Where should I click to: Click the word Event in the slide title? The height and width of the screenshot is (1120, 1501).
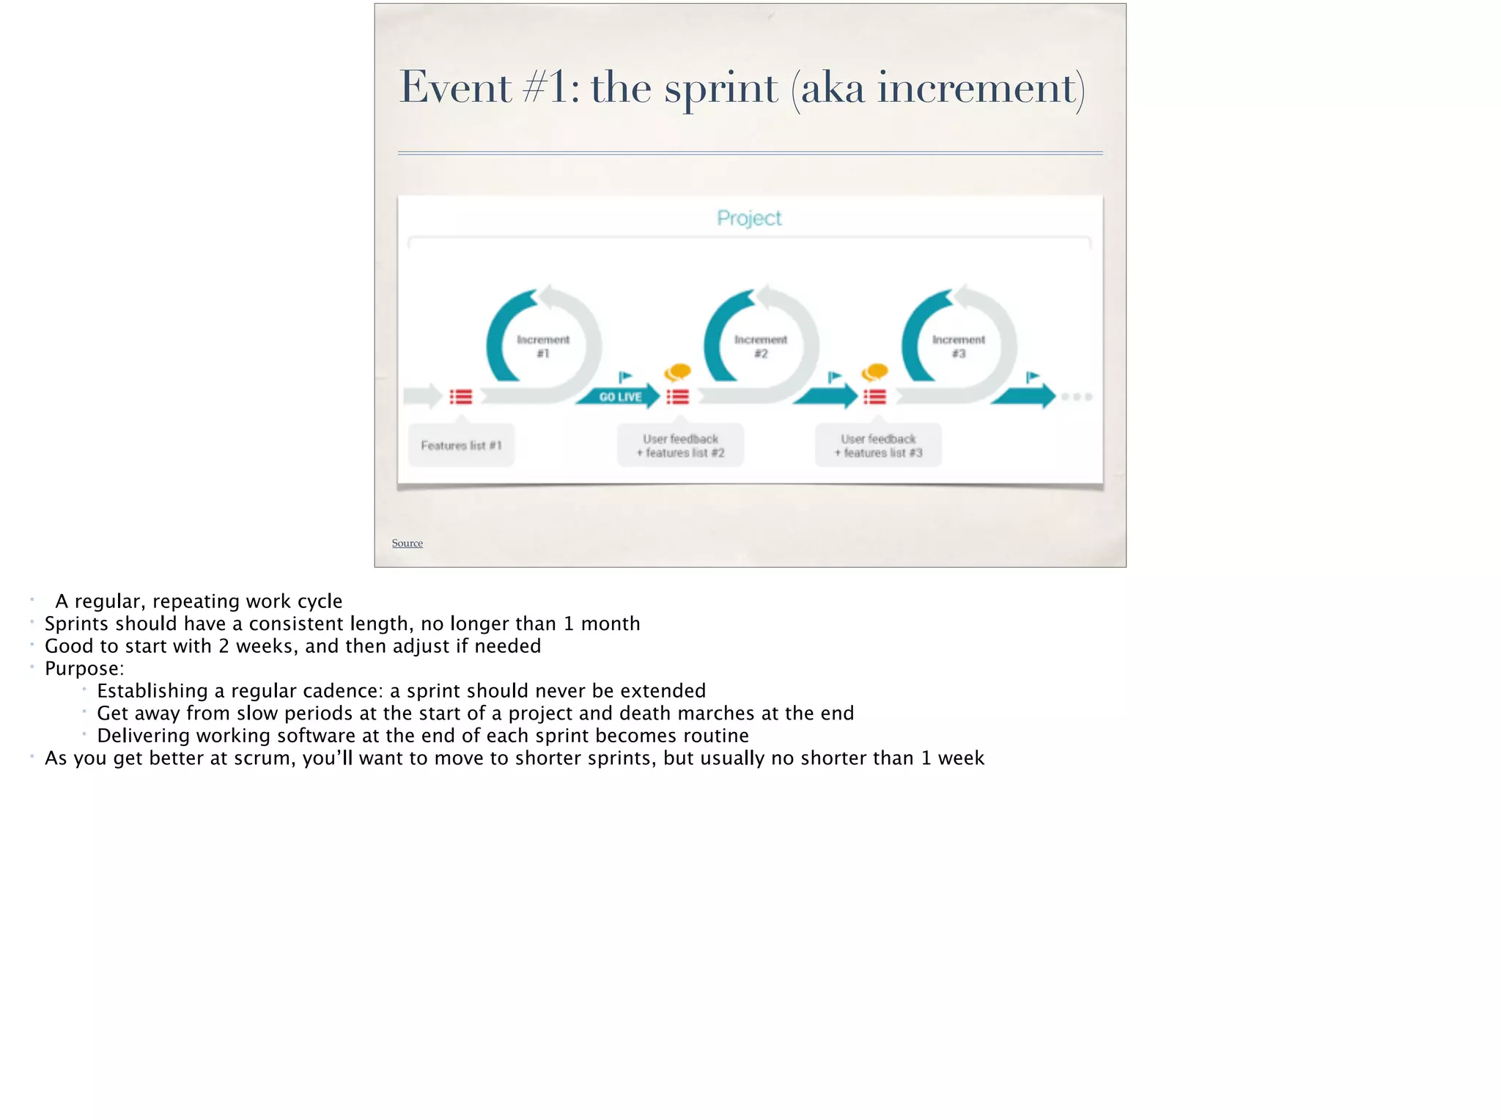(454, 88)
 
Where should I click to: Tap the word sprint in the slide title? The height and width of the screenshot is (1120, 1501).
(720, 89)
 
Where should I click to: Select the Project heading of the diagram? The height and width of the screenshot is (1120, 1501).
(749, 218)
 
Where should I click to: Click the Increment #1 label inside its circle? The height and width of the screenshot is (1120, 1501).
(543, 346)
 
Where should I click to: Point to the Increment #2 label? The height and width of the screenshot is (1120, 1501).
(761, 346)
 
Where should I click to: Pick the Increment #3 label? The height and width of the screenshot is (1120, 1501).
(959, 346)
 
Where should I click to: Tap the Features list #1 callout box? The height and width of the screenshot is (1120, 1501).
(461, 445)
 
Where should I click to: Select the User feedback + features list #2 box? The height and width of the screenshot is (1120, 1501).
(680, 445)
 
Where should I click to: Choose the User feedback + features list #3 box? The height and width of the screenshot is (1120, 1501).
(878, 445)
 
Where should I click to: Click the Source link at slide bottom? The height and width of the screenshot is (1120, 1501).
(407, 543)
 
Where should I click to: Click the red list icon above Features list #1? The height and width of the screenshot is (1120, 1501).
(461, 397)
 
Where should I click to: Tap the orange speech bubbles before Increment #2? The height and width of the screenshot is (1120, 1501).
(678, 373)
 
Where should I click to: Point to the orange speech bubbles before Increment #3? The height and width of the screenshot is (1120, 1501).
(875, 373)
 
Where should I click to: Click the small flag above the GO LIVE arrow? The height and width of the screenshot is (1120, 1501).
(624, 377)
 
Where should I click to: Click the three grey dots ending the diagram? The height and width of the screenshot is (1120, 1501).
(1077, 397)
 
